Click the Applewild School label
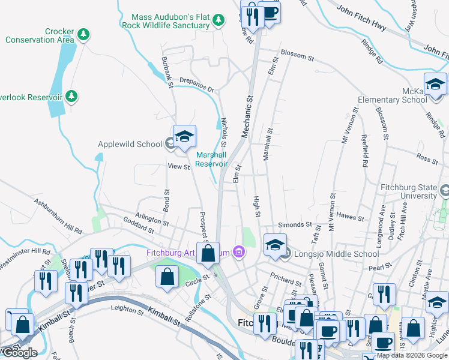point(130,144)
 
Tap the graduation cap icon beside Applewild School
point(185,137)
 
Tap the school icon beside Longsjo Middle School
point(274,245)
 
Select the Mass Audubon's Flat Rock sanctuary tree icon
point(218,20)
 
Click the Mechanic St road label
point(246,116)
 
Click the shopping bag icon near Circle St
point(167,277)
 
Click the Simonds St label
point(294,224)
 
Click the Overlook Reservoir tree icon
point(71,97)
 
